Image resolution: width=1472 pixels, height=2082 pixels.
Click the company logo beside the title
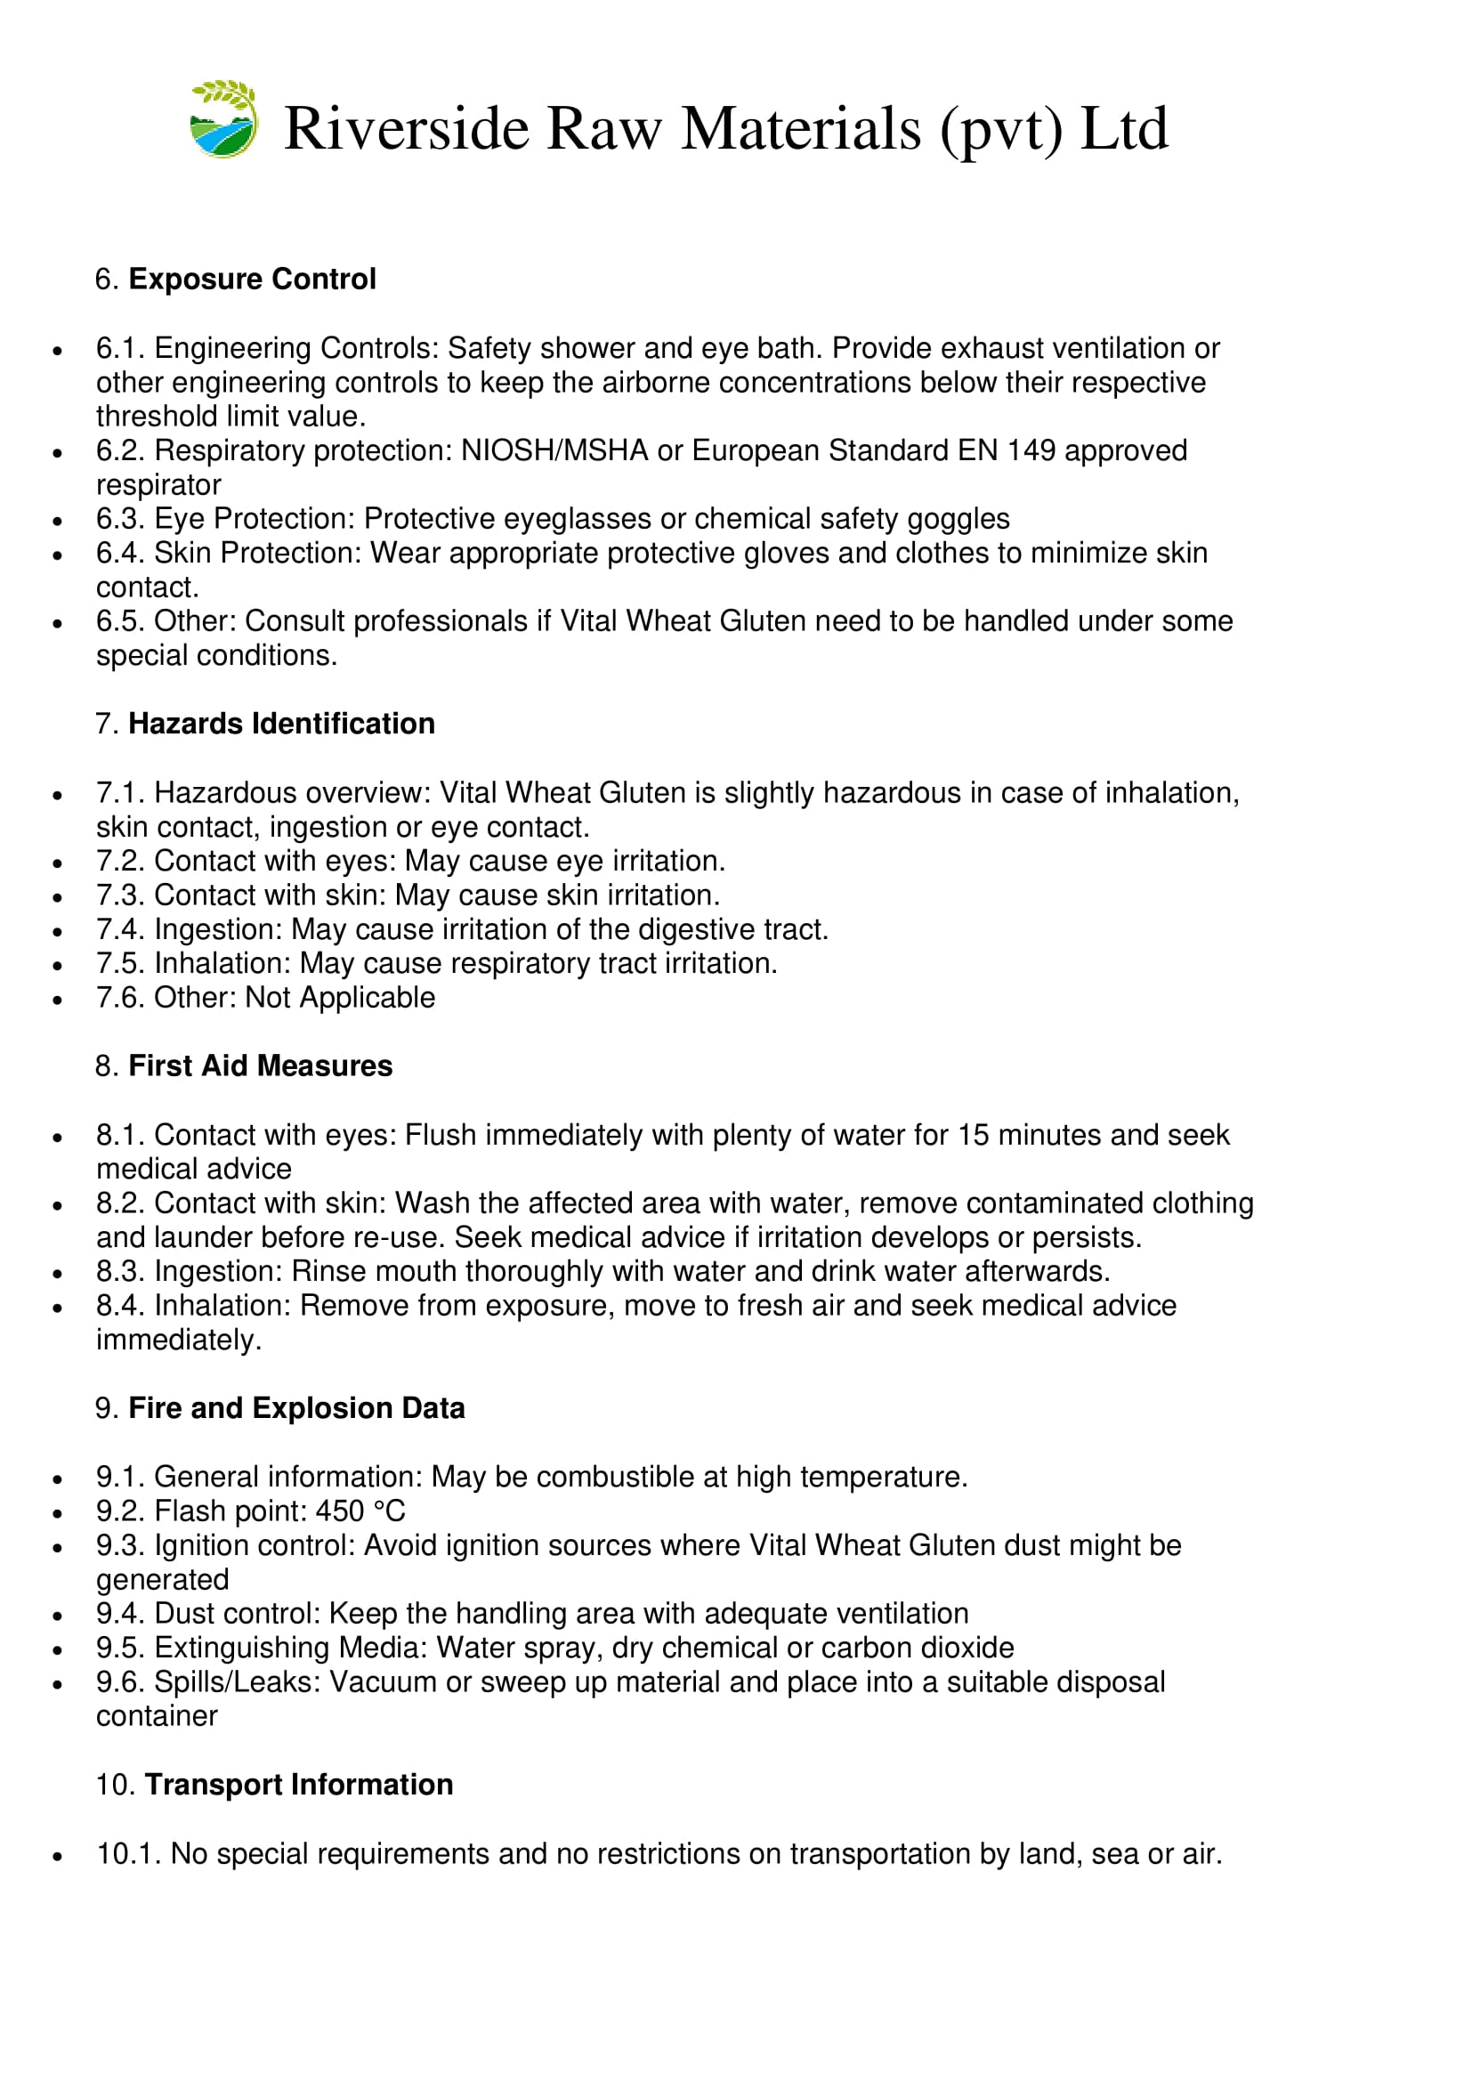click(x=224, y=119)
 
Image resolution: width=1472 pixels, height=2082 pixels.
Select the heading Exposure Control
click(x=252, y=279)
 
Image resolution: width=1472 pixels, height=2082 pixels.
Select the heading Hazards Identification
click(x=281, y=724)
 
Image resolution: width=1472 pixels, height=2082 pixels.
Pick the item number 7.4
click(x=120, y=929)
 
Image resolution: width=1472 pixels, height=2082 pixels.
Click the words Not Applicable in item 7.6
click(x=340, y=998)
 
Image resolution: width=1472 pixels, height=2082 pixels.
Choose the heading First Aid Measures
click(x=260, y=1065)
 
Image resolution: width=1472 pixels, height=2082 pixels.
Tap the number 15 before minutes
click(x=975, y=1134)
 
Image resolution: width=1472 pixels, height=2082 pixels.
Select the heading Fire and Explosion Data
click(x=296, y=1407)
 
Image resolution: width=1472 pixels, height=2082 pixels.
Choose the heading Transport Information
click(x=299, y=1784)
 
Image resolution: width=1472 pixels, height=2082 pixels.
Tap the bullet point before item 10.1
click(x=58, y=1856)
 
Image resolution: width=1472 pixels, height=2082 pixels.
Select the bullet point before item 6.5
click(x=58, y=623)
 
